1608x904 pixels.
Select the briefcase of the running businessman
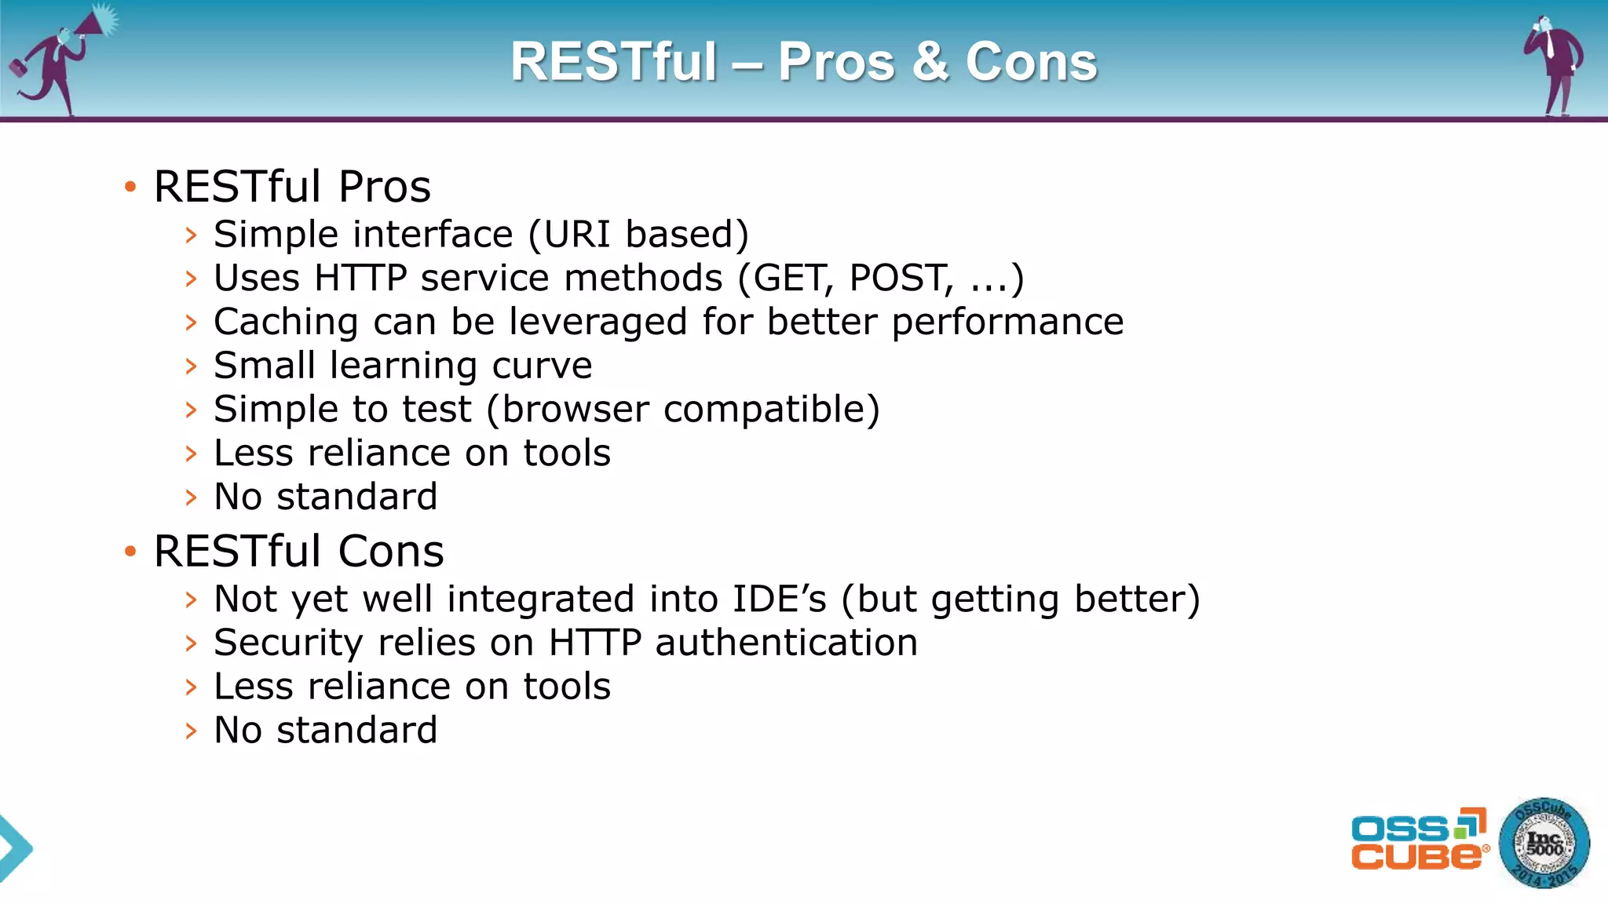coord(17,69)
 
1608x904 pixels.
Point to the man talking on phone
coord(1555,63)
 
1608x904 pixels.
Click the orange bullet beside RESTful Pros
coord(130,187)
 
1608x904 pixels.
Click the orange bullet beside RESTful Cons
coord(130,552)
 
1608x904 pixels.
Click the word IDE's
coord(779,599)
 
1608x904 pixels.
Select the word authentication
coord(786,643)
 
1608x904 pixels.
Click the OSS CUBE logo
coord(1418,840)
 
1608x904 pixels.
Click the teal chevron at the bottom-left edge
coord(14,848)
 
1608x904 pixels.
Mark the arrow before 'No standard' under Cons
coord(191,731)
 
